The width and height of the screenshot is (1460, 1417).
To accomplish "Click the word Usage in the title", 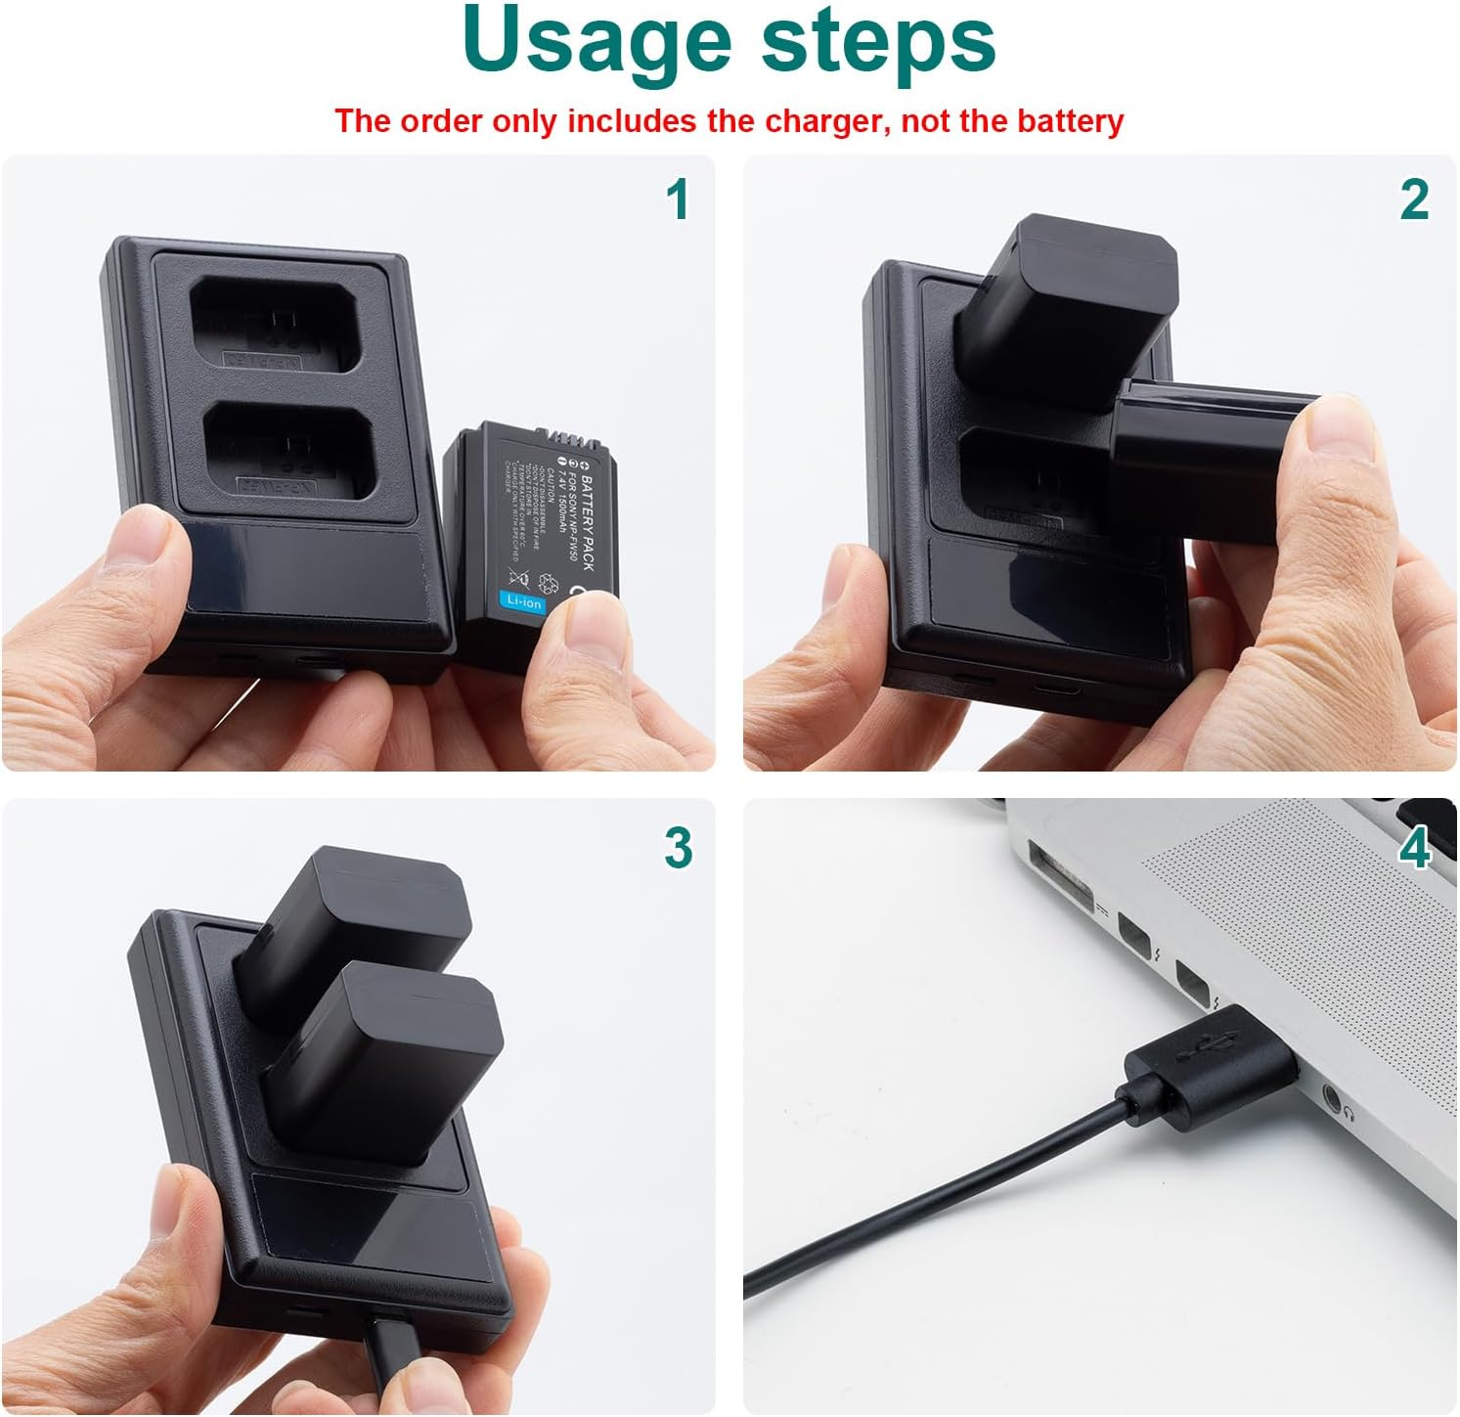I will coord(597,41).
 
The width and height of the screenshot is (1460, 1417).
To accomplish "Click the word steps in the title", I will coord(877,41).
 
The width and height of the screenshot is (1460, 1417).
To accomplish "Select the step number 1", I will coord(677,199).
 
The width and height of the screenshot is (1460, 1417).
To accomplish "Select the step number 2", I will coord(1414,199).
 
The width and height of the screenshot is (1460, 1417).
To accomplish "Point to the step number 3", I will coord(678,847).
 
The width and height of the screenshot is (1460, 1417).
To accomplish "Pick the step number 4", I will coord(1415,847).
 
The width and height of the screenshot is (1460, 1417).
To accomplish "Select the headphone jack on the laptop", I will coord(1332,1097).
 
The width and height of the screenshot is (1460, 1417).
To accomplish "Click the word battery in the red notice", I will coord(1071,121).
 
